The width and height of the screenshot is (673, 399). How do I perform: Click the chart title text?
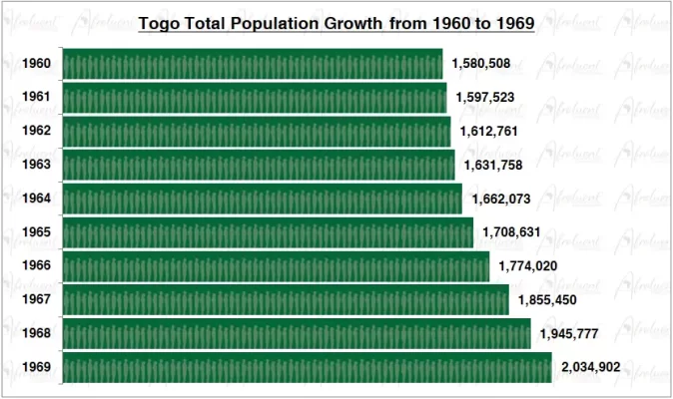(x=336, y=23)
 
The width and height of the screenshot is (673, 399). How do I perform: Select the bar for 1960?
(x=253, y=65)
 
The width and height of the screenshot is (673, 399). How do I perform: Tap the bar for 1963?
(x=259, y=166)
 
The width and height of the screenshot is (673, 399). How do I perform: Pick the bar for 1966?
(x=276, y=266)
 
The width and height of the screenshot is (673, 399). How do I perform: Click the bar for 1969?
(x=307, y=367)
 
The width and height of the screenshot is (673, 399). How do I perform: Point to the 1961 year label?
(x=37, y=98)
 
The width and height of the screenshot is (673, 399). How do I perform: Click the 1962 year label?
(x=37, y=132)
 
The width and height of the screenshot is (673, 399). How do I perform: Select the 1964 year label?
(x=37, y=199)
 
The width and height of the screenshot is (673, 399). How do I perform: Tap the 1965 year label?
(x=37, y=232)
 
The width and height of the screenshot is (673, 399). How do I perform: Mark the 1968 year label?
(x=37, y=333)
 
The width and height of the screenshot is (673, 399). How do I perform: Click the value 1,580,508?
(x=481, y=64)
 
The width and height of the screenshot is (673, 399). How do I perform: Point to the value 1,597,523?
(x=485, y=98)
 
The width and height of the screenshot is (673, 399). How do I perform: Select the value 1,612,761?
(x=489, y=132)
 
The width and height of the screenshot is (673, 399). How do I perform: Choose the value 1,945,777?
(x=568, y=333)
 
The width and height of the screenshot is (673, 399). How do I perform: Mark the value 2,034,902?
(x=590, y=367)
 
